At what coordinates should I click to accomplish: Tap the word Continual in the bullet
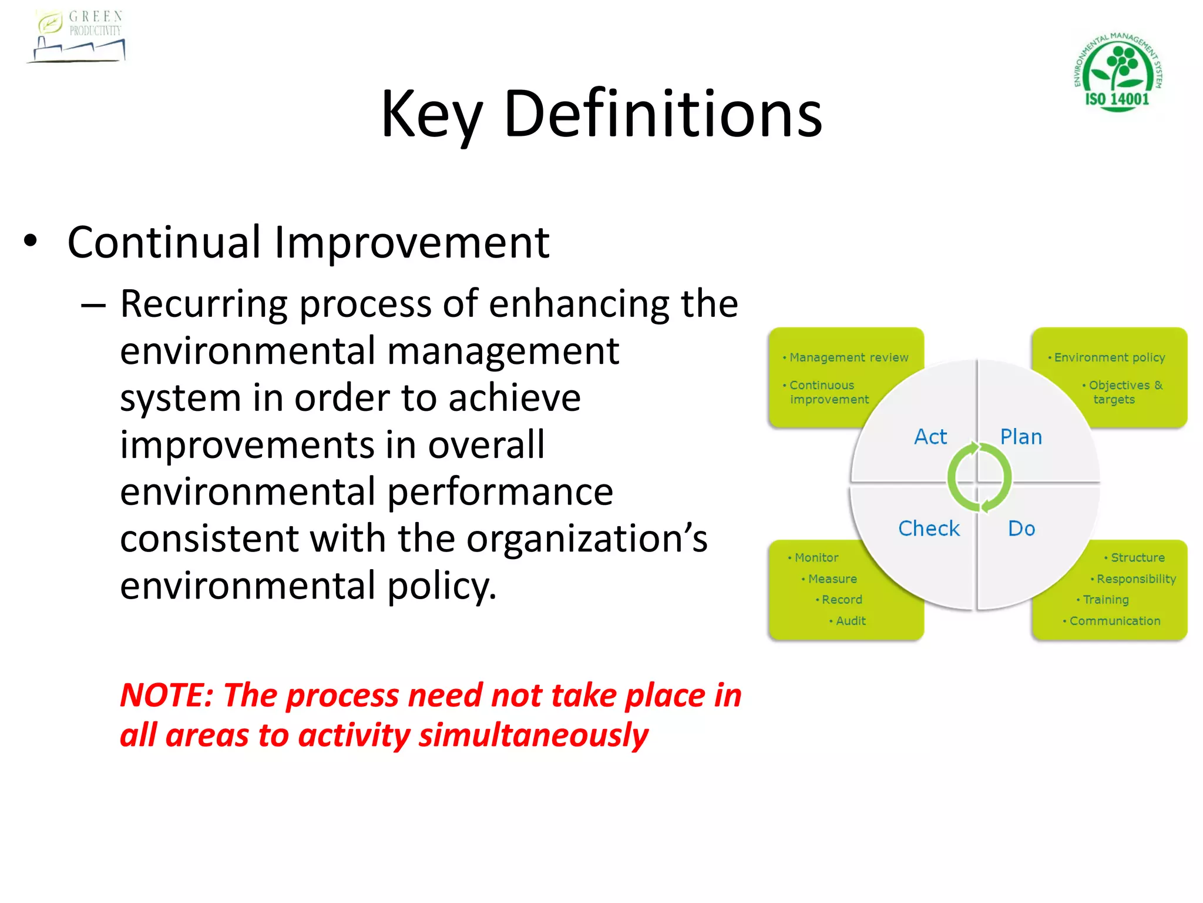pyautogui.click(x=164, y=242)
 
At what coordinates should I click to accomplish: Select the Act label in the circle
pyautogui.click(x=930, y=437)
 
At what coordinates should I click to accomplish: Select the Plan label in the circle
pyautogui.click(x=1021, y=437)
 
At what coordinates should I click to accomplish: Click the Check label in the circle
pyautogui.click(x=929, y=529)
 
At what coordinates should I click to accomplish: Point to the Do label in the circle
pyautogui.click(x=1021, y=529)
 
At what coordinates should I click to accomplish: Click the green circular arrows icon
pyautogui.click(x=979, y=477)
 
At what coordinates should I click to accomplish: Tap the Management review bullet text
pyautogui.click(x=848, y=357)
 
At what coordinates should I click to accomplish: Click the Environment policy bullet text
pyautogui.click(x=1109, y=357)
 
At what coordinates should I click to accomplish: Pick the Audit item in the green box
pyautogui.click(x=850, y=621)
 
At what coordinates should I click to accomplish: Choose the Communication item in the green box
pyautogui.click(x=1114, y=621)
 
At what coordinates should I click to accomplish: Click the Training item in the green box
pyautogui.click(x=1105, y=600)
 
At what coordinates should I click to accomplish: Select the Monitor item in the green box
pyautogui.click(x=816, y=557)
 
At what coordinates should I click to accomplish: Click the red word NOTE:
pyautogui.click(x=167, y=695)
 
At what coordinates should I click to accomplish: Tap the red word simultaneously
pyautogui.click(x=533, y=735)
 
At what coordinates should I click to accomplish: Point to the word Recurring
pyautogui.click(x=204, y=304)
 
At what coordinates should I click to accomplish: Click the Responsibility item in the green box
pyautogui.click(x=1135, y=579)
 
